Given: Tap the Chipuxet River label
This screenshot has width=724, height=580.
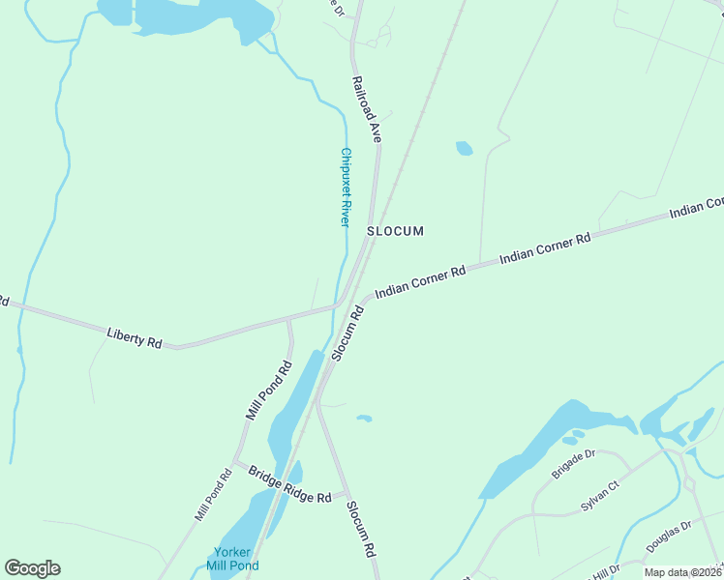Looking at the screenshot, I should click(345, 187).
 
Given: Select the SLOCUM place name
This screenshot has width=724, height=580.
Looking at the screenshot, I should click(395, 231).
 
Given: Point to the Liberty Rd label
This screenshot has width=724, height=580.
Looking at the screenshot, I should click(135, 339).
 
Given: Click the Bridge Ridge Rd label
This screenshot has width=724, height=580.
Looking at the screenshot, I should click(289, 485).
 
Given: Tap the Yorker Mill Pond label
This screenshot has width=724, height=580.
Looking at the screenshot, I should click(232, 558).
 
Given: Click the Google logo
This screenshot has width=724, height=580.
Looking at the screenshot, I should click(32, 568).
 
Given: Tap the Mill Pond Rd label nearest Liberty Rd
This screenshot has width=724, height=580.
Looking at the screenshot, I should click(268, 391).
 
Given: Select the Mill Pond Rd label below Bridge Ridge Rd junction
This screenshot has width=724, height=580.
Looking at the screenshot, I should click(213, 495).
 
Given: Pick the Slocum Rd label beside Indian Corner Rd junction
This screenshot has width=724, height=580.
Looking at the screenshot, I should click(347, 333).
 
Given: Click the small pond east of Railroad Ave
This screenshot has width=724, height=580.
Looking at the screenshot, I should click(465, 148).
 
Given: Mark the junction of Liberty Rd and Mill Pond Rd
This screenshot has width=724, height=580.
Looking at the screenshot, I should click(288, 318).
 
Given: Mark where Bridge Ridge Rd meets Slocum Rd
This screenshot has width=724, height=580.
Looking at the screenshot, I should click(345, 494).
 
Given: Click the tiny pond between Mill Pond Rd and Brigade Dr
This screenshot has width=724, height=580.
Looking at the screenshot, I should click(364, 419).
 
